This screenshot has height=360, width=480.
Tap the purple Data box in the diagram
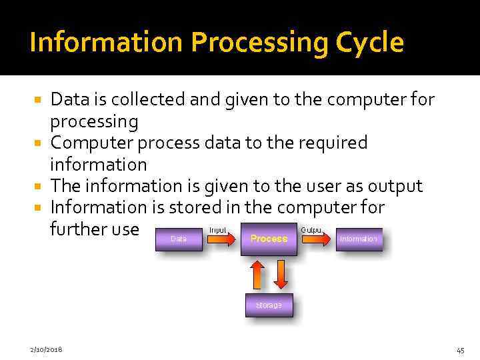click(x=179, y=239)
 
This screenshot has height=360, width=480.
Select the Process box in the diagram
click(x=269, y=239)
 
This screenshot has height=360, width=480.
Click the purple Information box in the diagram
click(x=359, y=239)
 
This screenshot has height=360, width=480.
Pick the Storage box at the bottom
click(x=269, y=305)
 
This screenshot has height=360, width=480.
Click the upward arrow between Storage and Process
click(x=257, y=274)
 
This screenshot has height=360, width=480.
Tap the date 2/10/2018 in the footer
click(x=46, y=349)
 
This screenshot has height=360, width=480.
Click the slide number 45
click(x=460, y=349)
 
